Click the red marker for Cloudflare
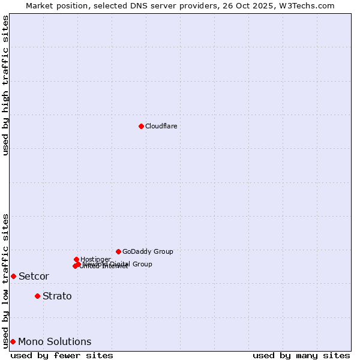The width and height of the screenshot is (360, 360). (141, 126)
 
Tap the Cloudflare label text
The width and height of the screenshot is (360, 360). (161, 126)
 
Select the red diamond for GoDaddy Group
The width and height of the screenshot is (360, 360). (118, 251)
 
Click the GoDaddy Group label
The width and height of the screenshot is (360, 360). (148, 251)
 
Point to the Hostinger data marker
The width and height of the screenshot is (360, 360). (76, 259)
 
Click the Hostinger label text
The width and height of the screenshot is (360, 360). (95, 259)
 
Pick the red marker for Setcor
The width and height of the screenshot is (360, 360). (13, 276)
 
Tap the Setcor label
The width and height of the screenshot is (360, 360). (34, 277)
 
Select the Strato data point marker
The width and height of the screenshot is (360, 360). (37, 296)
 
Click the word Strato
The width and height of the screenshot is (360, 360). (57, 296)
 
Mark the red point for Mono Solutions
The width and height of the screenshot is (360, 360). (13, 341)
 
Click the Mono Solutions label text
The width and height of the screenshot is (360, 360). (55, 342)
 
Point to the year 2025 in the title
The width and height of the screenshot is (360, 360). (269, 5)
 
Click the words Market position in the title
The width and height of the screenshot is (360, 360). (53, 5)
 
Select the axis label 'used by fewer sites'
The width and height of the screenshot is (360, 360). (62, 355)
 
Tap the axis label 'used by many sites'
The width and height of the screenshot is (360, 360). (301, 355)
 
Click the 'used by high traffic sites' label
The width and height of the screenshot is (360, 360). (5, 85)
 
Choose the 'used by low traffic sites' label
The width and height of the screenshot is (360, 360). (5, 280)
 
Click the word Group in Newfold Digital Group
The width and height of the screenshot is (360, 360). (142, 264)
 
